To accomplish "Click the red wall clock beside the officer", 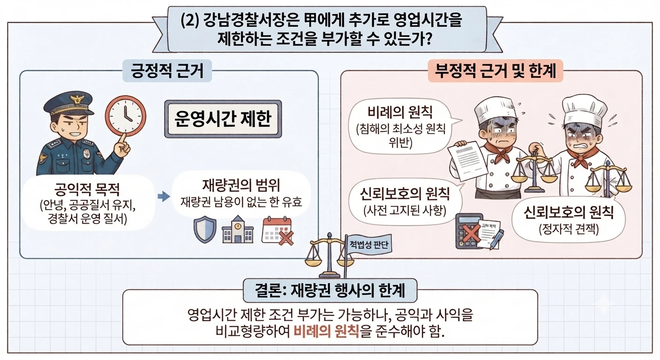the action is pyautogui.click(x=126, y=116).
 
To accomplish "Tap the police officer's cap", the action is pyautogui.click(x=68, y=103).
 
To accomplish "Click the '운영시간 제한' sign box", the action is pyautogui.click(x=223, y=119).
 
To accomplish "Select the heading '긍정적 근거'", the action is pyautogui.click(x=167, y=71).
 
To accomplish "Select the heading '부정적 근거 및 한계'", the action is pyautogui.click(x=495, y=71).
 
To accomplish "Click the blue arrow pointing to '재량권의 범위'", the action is pyautogui.click(x=164, y=196).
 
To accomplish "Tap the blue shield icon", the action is pyautogui.click(x=205, y=230).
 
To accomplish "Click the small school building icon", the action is pyautogui.click(x=238, y=230).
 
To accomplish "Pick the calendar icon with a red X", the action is pyautogui.click(x=277, y=231).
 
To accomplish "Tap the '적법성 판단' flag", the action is pyautogui.click(x=369, y=244).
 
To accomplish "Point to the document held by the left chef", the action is pyautogui.click(x=468, y=161).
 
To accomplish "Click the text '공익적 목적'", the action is pyautogui.click(x=87, y=189).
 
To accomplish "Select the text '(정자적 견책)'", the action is pyautogui.click(x=569, y=229).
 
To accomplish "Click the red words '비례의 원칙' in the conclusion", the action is pyautogui.click(x=326, y=331).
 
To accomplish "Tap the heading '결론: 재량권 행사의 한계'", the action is pyautogui.click(x=330, y=291).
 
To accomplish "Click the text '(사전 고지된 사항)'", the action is pyautogui.click(x=405, y=210).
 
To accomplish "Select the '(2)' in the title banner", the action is pyautogui.click(x=190, y=21).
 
